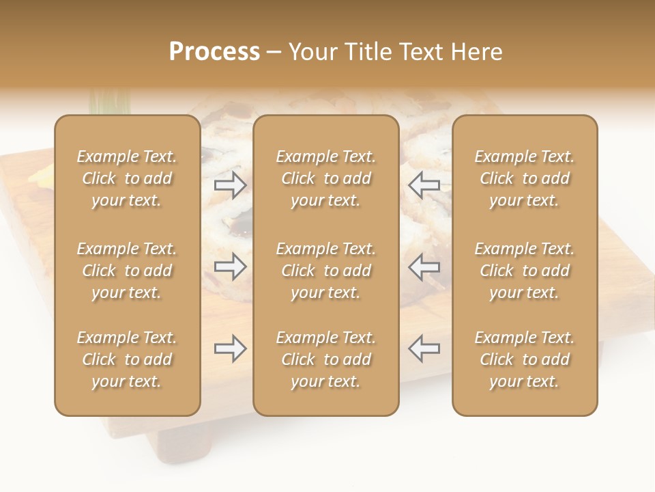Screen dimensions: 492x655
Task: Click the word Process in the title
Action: tap(214, 52)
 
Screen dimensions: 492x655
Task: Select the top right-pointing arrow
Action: tap(230, 184)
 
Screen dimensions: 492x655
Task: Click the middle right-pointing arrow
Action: tap(230, 266)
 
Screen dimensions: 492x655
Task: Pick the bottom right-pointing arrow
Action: tap(230, 348)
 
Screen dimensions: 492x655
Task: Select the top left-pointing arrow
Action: tap(424, 184)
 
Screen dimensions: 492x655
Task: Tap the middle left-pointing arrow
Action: tap(424, 266)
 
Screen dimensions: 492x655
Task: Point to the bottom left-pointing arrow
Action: tap(424, 348)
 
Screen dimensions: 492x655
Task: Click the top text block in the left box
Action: tap(127, 178)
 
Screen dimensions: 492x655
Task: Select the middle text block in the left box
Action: tap(127, 271)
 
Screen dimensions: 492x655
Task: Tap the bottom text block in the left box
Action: tap(127, 359)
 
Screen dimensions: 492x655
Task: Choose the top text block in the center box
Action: tap(325, 178)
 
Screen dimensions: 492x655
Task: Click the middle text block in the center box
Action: tap(325, 271)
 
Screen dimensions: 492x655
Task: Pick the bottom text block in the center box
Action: tap(325, 359)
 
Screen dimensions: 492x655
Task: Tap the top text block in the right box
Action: tap(525, 178)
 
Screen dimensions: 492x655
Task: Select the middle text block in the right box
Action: tap(525, 271)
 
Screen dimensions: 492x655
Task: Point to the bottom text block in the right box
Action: tap(525, 359)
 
